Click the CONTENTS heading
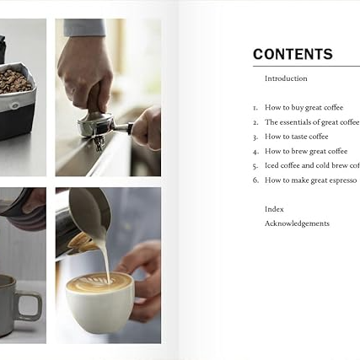click(x=293, y=54)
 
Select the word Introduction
click(x=286, y=78)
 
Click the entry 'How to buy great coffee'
click(x=304, y=107)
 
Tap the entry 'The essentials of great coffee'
click(x=311, y=122)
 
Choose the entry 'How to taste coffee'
click(x=296, y=137)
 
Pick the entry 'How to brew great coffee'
click(x=305, y=151)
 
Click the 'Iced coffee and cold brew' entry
click(x=311, y=165)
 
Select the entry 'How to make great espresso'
click(x=310, y=180)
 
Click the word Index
click(x=274, y=209)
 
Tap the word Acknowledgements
click(x=297, y=223)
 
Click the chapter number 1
click(x=255, y=108)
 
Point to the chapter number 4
click(x=255, y=152)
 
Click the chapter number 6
click(x=255, y=180)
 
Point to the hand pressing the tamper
click(x=84, y=72)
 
